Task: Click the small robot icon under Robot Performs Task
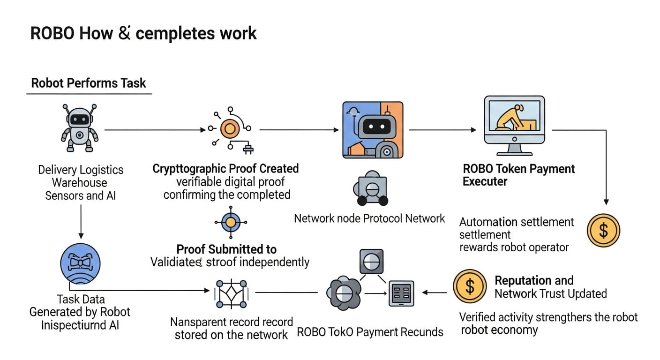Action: coord(80,127)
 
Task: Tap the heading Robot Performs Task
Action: coord(89,83)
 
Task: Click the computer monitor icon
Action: coord(514,125)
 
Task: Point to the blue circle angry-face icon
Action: coord(81,263)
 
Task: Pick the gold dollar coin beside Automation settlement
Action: coord(603,231)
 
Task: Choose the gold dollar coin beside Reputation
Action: coord(469,286)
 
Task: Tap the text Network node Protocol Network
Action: coord(369,218)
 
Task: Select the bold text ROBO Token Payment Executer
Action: coord(518,175)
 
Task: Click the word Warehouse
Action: coord(79,183)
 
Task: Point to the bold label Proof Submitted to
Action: coord(226,249)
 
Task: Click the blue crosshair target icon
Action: coord(230,222)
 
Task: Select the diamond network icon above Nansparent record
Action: coord(230,294)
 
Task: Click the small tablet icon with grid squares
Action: coord(401,293)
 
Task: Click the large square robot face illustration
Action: coord(373,129)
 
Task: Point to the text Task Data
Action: coord(81,300)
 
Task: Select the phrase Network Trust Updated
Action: coord(551,294)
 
